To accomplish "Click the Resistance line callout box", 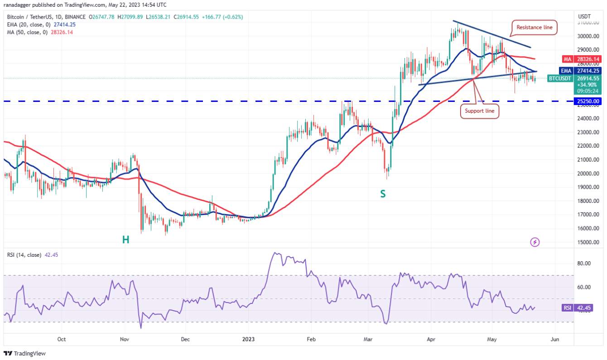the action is pyautogui.click(x=534, y=27).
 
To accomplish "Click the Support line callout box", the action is pyautogui.click(x=479, y=111).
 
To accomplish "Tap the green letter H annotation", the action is pyautogui.click(x=125, y=240).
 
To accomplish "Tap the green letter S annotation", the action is pyautogui.click(x=383, y=194).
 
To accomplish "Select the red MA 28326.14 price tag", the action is pyautogui.click(x=582, y=59).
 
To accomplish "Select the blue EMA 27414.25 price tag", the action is pyautogui.click(x=580, y=71).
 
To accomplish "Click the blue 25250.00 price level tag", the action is pyautogui.click(x=588, y=101).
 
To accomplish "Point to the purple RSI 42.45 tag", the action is pyautogui.click(x=577, y=308).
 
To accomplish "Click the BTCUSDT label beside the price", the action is pyautogui.click(x=560, y=78).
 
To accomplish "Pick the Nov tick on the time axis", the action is pyautogui.click(x=125, y=339).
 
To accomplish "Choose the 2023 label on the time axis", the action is pyautogui.click(x=248, y=339).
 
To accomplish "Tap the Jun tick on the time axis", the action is pyautogui.click(x=555, y=339).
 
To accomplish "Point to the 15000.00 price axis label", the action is pyautogui.click(x=588, y=242).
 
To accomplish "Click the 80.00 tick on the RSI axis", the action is pyautogui.click(x=583, y=263).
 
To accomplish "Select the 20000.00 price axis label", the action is pyautogui.click(x=588, y=173).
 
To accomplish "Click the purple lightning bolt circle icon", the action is pyautogui.click(x=535, y=242).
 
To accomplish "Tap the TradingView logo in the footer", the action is pyautogui.click(x=24, y=354).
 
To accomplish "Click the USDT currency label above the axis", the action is pyautogui.click(x=584, y=16).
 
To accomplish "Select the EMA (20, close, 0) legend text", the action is pyautogui.click(x=29, y=24).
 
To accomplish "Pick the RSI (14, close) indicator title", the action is pyautogui.click(x=24, y=255).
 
